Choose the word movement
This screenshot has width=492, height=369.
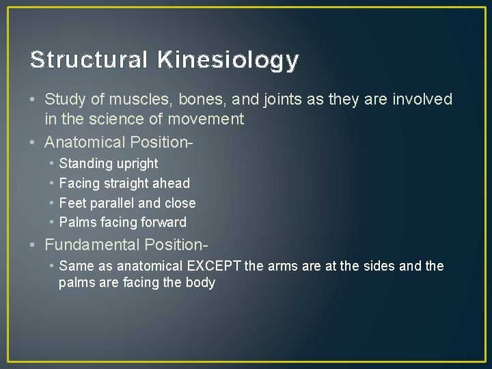point(208,120)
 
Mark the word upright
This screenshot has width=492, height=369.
point(137,164)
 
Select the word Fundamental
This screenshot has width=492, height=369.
point(92,245)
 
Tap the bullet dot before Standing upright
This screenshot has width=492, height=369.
point(51,164)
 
